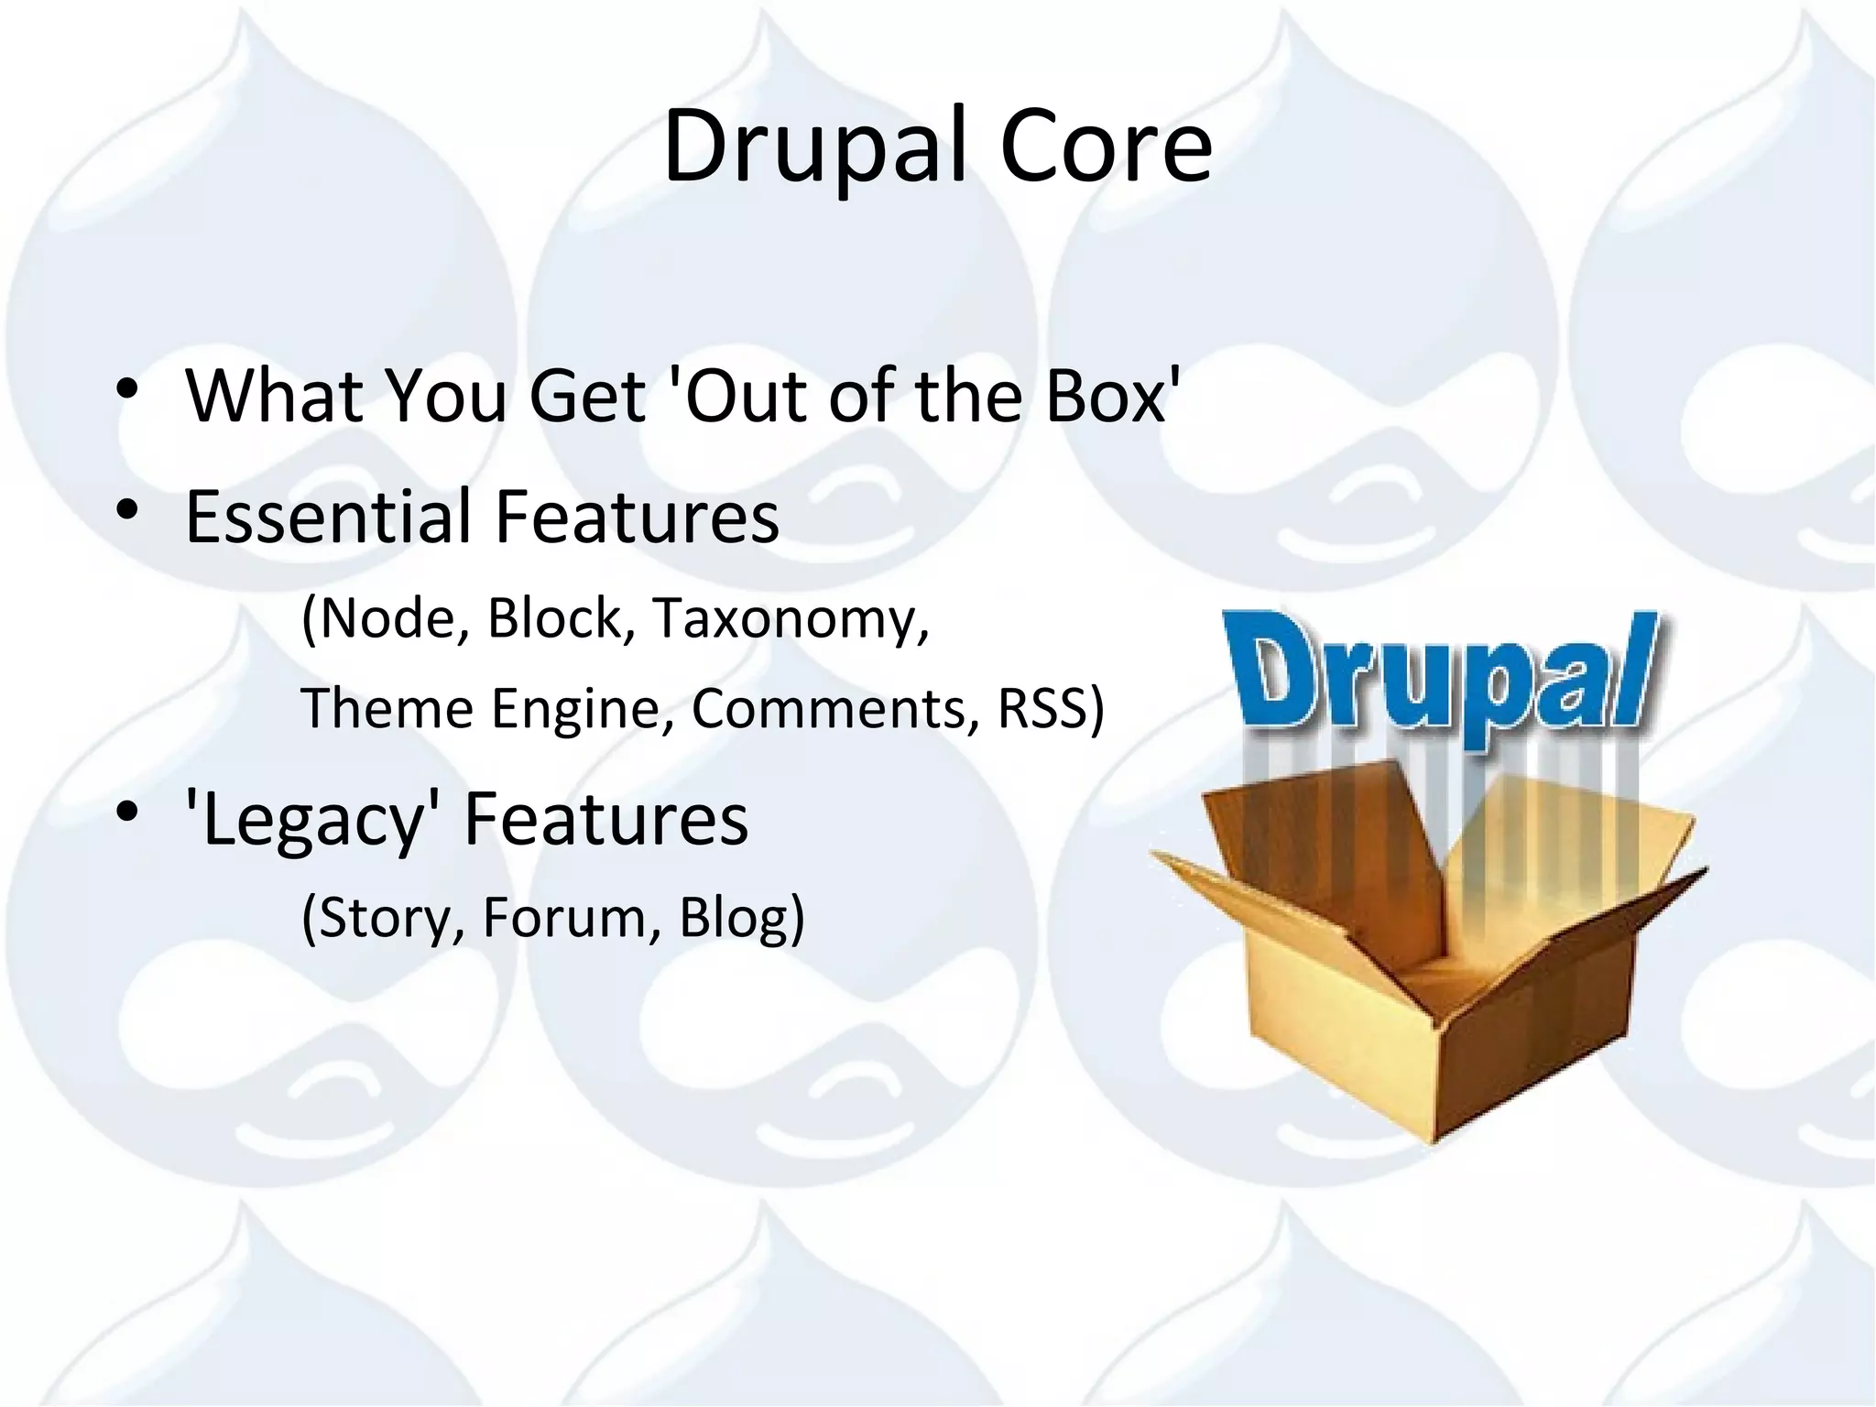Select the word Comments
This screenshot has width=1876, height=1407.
click(x=829, y=709)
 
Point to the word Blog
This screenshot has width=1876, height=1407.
click(x=734, y=917)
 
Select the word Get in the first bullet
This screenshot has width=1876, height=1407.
click(x=586, y=396)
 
